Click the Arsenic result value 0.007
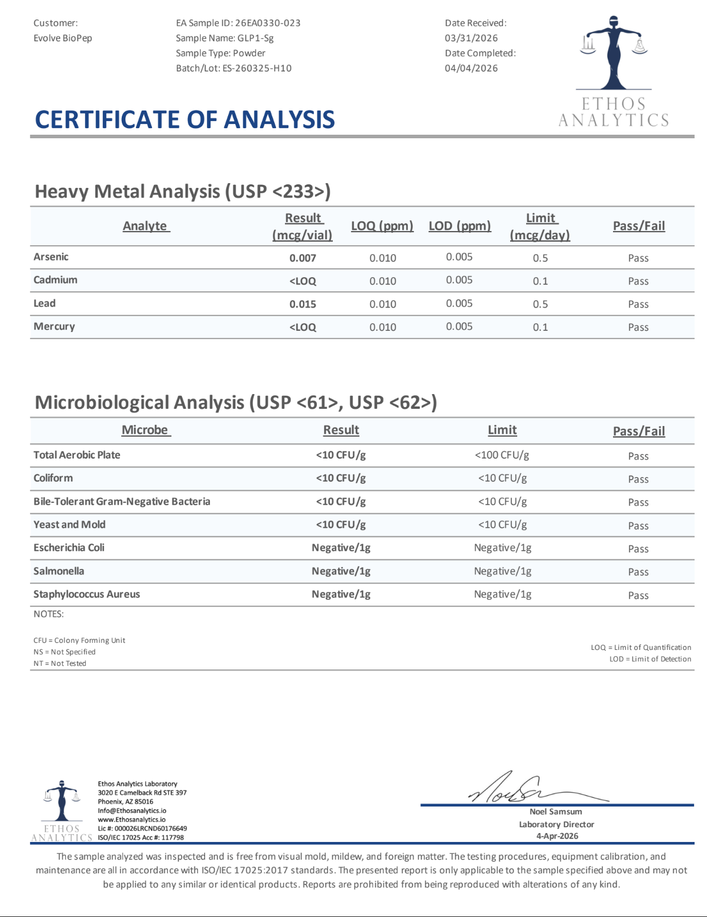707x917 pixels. [303, 258]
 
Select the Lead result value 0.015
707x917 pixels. [303, 304]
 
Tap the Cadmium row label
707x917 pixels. [56, 280]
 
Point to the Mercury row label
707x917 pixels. [54, 327]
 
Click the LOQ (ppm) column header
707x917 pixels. [382, 226]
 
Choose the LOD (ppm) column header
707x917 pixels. [459, 226]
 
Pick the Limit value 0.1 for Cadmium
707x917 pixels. [540, 281]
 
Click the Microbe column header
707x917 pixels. [145, 430]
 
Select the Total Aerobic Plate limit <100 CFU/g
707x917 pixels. [502, 455]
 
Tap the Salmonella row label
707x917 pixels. [59, 571]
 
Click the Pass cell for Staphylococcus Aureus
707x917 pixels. [638, 596]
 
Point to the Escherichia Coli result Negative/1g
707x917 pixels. [341, 548]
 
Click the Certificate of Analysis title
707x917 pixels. [185, 120]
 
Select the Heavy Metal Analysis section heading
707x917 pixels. [183, 191]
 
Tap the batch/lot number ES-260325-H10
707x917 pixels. [257, 68]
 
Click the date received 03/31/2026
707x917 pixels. [471, 38]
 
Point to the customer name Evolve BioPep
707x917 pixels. [63, 38]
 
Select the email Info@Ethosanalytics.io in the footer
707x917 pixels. [132, 811]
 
